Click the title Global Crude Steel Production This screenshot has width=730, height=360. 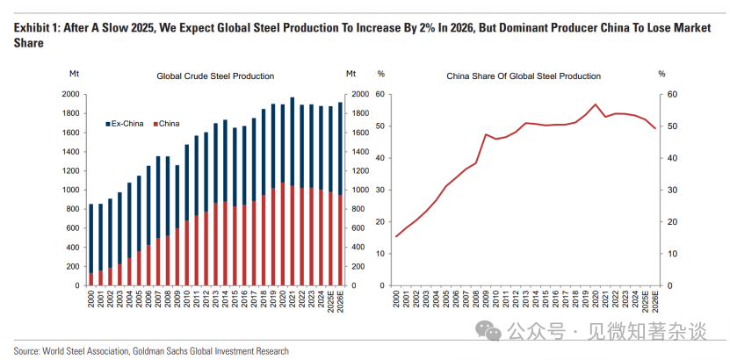coord(215,76)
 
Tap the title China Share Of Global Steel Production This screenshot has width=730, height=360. coord(524,76)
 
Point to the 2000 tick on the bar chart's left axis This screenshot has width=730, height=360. coord(69,94)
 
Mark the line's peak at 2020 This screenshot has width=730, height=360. coord(596,104)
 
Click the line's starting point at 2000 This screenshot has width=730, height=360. coord(396,236)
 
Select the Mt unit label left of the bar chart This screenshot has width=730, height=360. coord(74,73)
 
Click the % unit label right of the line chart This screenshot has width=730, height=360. coord(661,73)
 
